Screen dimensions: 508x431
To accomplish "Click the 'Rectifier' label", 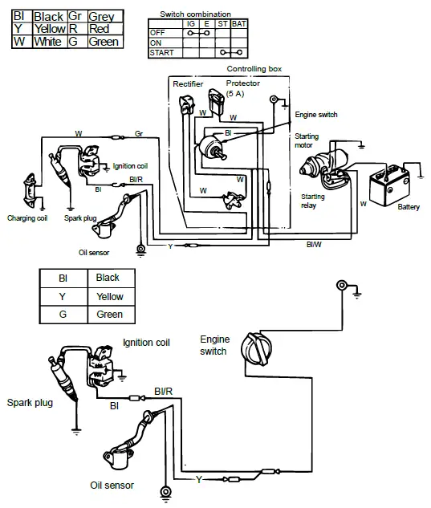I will [188, 83].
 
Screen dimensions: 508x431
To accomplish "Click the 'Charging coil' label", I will [27, 217].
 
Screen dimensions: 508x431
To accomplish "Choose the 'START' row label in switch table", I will [161, 52].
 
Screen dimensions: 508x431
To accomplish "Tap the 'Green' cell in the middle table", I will [108, 315].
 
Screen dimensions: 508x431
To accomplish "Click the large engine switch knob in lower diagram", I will [261, 354].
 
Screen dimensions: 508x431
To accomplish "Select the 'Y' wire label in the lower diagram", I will [198, 480].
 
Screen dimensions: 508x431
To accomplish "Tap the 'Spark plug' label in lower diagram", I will [30, 402].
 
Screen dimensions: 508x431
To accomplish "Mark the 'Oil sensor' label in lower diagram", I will [112, 486].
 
